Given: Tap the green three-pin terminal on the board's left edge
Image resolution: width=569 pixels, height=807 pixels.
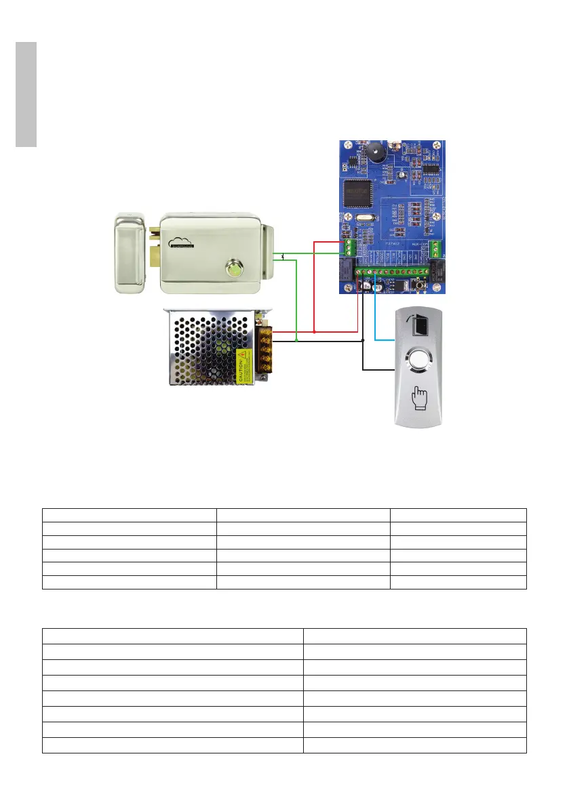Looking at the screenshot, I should click(349, 248).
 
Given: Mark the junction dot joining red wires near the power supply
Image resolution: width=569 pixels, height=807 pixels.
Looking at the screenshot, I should click(315, 332).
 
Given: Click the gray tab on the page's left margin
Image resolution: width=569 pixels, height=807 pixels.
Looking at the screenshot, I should click(26, 95).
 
